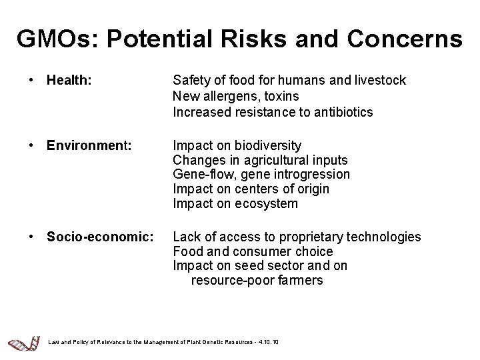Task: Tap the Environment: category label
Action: pos(88,145)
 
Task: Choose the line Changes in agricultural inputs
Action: pos(260,160)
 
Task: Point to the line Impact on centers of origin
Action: pos(251,189)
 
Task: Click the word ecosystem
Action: pos(267,204)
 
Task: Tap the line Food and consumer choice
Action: pos(253,251)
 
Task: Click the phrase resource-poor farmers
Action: pos(257,281)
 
